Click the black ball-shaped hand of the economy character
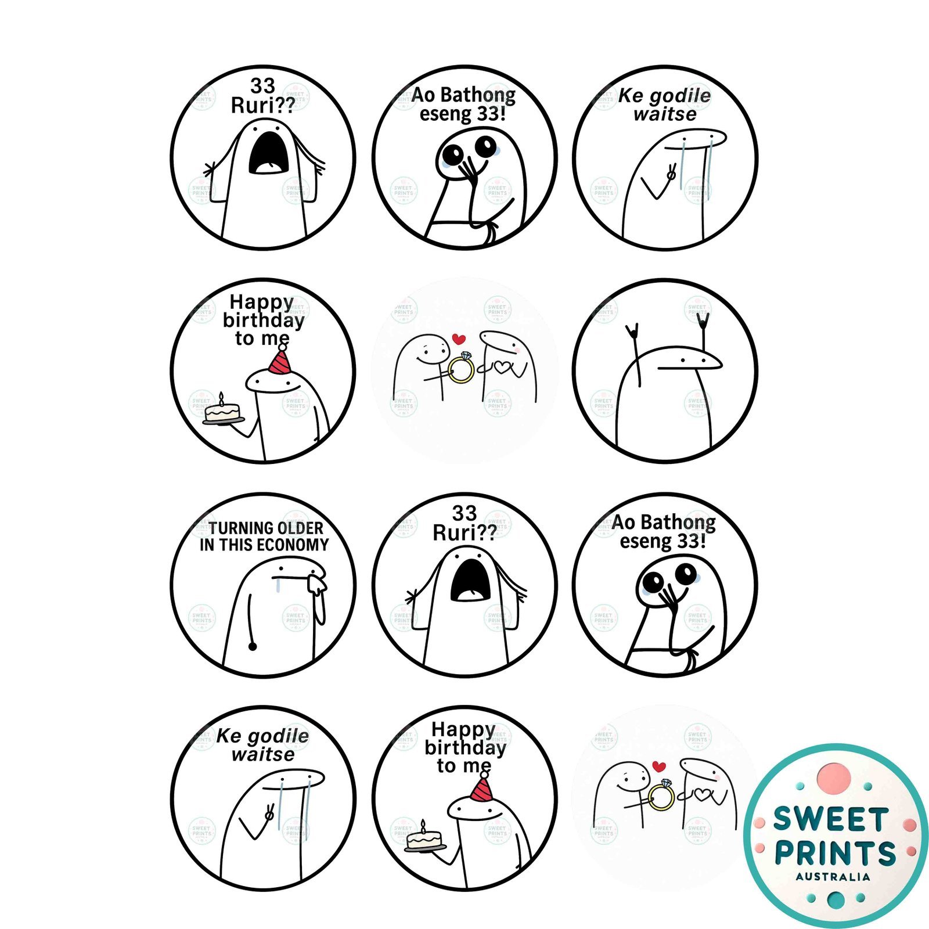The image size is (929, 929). [x=253, y=646]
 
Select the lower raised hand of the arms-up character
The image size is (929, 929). [x=632, y=332]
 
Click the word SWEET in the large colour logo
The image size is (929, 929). [x=830, y=820]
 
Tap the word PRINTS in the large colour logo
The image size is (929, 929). [x=836, y=854]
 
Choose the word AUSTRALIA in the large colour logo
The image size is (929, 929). [x=833, y=877]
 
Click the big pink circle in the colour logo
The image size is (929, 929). [x=834, y=778]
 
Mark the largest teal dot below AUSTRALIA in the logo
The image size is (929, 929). [x=836, y=901]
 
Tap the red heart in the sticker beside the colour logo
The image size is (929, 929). [x=658, y=766]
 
